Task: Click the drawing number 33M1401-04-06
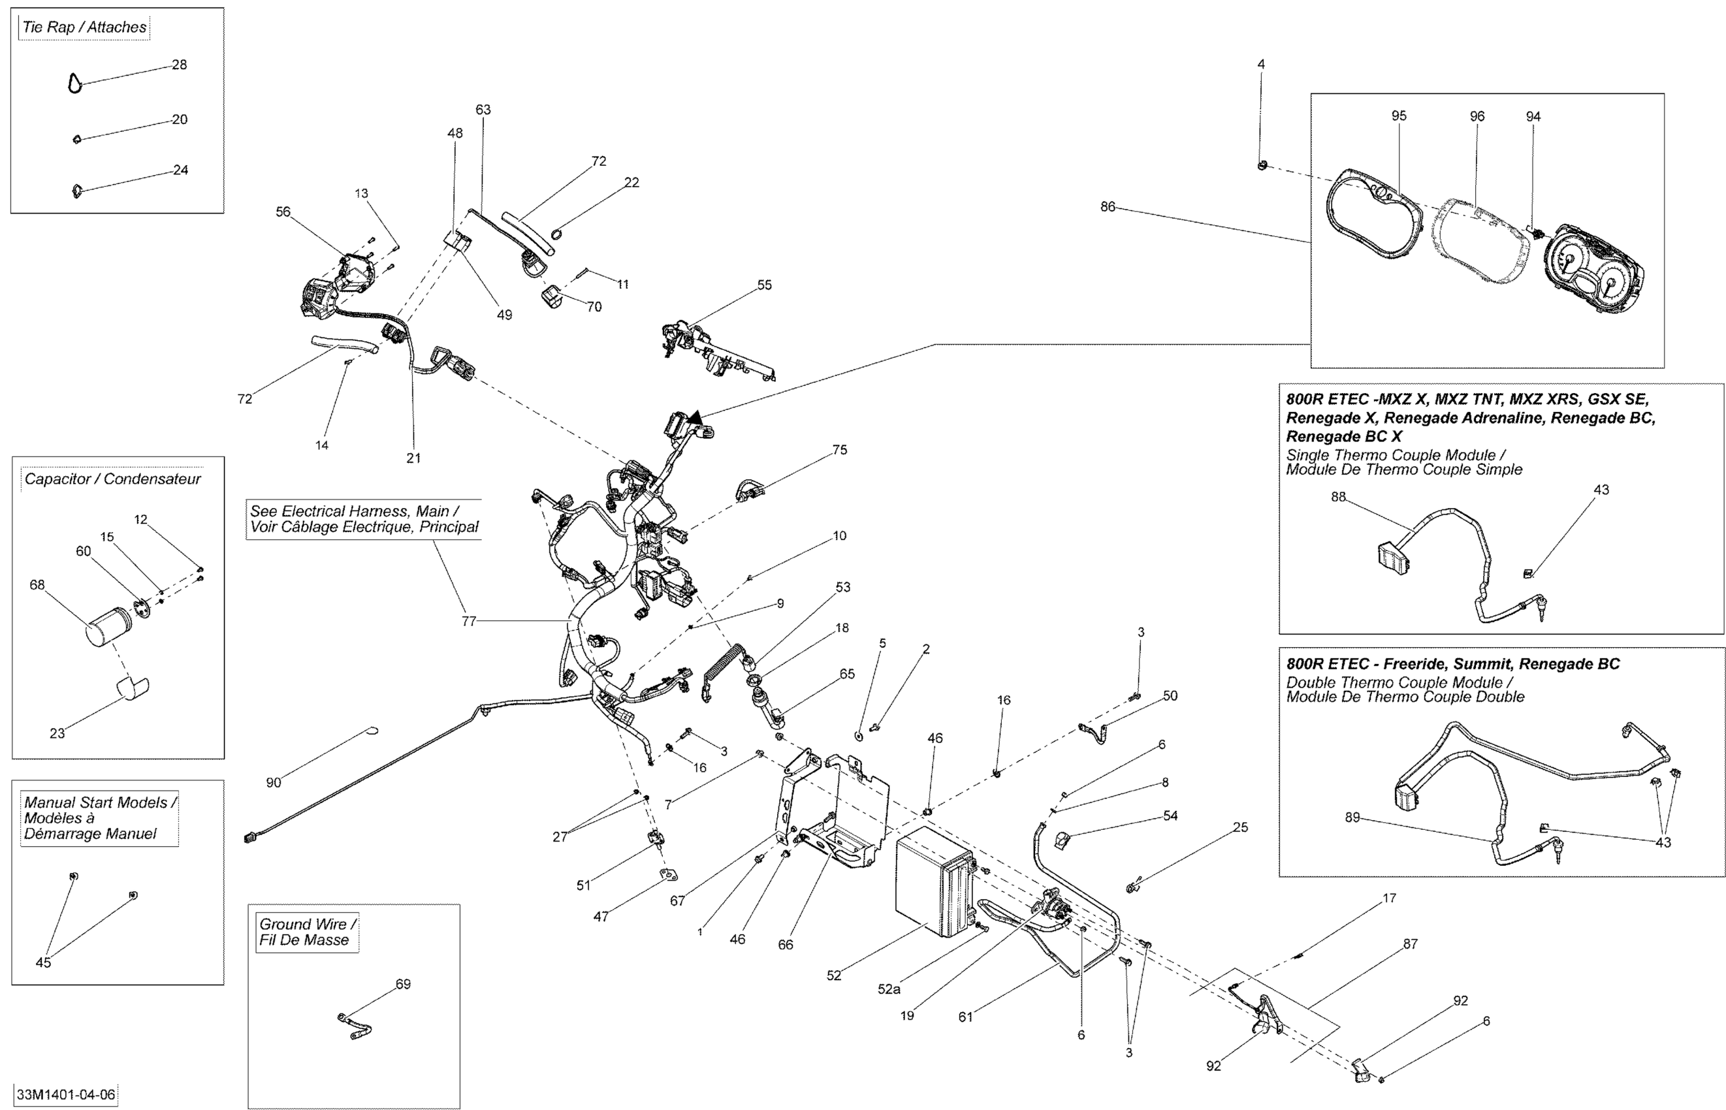[x=65, y=1094]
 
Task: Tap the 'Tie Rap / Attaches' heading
[x=84, y=27]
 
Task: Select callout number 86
[x=1107, y=207]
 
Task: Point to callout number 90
[x=273, y=782]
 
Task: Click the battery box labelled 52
[x=935, y=881]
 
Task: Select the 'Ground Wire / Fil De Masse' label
[x=308, y=931]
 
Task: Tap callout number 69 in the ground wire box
[x=403, y=984]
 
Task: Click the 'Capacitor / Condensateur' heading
[x=112, y=479]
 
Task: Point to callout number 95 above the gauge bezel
[x=1398, y=116]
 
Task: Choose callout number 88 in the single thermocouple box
[x=1337, y=497]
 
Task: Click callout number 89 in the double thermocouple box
[x=1352, y=817]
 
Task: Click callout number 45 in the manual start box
[x=43, y=962]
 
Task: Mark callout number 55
[x=764, y=285]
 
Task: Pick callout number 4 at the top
[x=1260, y=64]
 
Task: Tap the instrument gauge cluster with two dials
[x=1593, y=272]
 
